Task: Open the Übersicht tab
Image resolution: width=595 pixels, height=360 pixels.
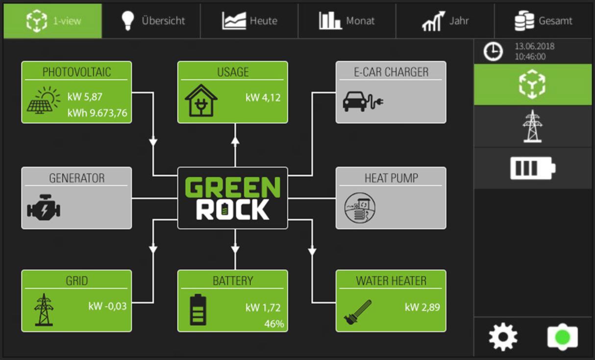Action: coord(151,21)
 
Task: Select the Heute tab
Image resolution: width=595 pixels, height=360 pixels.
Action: coord(249,21)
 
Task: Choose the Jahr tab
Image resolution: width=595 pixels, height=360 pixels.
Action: coord(445,21)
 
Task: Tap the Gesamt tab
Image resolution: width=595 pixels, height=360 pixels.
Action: coord(543,21)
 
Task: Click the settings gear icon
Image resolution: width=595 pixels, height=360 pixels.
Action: coord(503,337)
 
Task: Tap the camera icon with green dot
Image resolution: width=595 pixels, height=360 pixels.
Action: coord(562,337)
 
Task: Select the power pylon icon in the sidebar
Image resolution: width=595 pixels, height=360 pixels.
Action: coord(532,126)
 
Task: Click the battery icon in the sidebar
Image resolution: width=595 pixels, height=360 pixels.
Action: coord(532,168)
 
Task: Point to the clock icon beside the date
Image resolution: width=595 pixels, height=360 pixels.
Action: coord(493,51)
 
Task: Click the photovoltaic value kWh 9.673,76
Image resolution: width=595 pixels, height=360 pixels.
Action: coord(97,114)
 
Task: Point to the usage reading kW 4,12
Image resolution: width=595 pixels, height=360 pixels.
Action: coord(263,97)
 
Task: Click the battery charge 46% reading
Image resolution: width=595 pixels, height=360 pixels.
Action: coord(274,324)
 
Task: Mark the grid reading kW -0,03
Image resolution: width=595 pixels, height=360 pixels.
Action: coord(107,307)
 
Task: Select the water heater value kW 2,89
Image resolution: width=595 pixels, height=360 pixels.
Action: coord(422,308)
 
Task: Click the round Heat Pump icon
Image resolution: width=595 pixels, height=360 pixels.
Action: coord(359,208)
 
